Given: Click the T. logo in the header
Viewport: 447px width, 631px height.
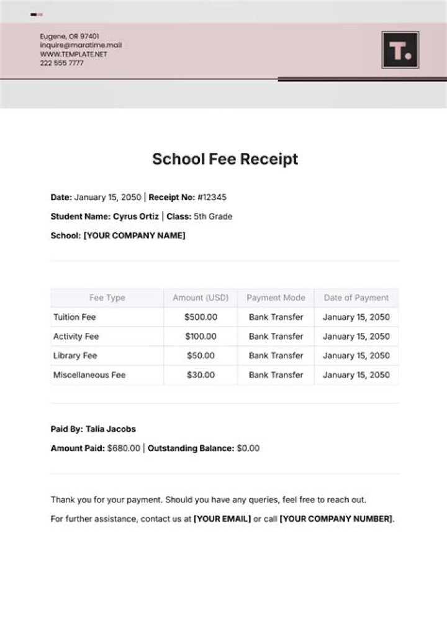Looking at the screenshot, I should click(400, 50).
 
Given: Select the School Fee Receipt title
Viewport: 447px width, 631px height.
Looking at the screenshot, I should click(225, 159).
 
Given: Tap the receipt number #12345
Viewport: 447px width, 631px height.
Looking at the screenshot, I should click(212, 197).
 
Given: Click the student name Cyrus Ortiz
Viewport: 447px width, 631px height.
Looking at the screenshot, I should click(135, 217).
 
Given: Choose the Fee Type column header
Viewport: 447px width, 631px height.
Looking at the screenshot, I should click(107, 298).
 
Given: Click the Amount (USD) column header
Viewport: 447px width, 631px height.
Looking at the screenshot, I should click(201, 298).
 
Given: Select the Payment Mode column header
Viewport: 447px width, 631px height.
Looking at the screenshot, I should click(276, 298).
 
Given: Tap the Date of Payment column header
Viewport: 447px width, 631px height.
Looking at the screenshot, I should click(356, 298).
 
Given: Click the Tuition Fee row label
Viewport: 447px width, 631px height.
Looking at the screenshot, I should click(74, 317).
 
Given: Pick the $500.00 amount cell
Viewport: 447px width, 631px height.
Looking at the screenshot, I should click(201, 317).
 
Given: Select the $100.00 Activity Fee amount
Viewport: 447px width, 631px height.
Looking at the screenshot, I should click(201, 337).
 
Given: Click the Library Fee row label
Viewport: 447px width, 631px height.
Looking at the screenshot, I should click(74, 356).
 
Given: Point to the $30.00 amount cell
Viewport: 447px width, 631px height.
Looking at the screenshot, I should click(201, 375).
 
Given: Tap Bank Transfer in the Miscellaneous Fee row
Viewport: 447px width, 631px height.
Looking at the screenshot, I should click(276, 375).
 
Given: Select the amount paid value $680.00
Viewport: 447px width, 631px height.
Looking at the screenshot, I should click(124, 448).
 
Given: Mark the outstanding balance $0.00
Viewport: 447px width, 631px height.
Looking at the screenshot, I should click(248, 448).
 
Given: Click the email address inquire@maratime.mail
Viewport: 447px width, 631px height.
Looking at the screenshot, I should click(81, 45).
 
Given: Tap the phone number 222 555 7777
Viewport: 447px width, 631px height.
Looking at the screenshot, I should click(61, 63).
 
